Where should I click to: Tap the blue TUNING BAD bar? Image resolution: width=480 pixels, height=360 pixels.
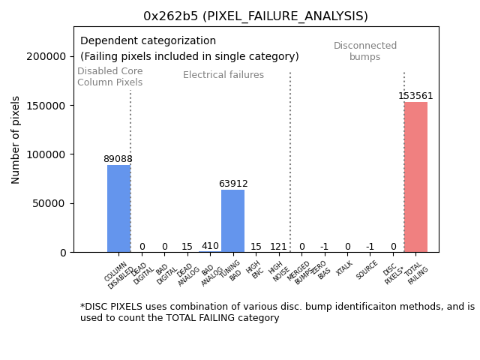pyautogui.click(x=232, y=221)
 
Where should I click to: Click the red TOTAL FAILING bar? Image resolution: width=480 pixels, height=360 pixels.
pyautogui.click(x=415, y=177)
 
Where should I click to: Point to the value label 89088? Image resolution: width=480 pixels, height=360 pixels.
pyautogui.click(x=118, y=159)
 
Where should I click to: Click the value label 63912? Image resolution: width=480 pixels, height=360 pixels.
pyautogui.click(x=232, y=184)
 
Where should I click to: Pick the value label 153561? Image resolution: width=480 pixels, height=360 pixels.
pyautogui.click(x=415, y=96)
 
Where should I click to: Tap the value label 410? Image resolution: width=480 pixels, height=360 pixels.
pyautogui.click(x=210, y=246)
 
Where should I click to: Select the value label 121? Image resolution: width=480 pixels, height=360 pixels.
pyautogui.click(x=278, y=247)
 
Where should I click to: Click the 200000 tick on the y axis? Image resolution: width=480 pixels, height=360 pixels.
pyautogui.click(x=46, y=56)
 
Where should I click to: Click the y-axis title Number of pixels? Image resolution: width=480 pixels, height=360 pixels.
pyautogui.click(x=16, y=139)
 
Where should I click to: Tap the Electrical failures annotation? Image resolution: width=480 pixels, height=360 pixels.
pyautogui.click(x=223, y=75)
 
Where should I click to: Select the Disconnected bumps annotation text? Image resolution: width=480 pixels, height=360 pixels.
pyautogui.click(x=365, y=51)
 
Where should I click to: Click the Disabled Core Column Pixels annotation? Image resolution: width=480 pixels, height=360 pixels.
pyautogui.click(x=109, y=76)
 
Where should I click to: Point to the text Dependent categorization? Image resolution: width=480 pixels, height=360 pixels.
pyautogui.click(x=148, y=41)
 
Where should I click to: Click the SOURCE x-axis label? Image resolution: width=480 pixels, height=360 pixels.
pyautogui.click(x=367, y=270)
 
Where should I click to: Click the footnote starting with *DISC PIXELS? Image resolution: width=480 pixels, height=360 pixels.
pyautogui.click(x=277, y=312)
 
